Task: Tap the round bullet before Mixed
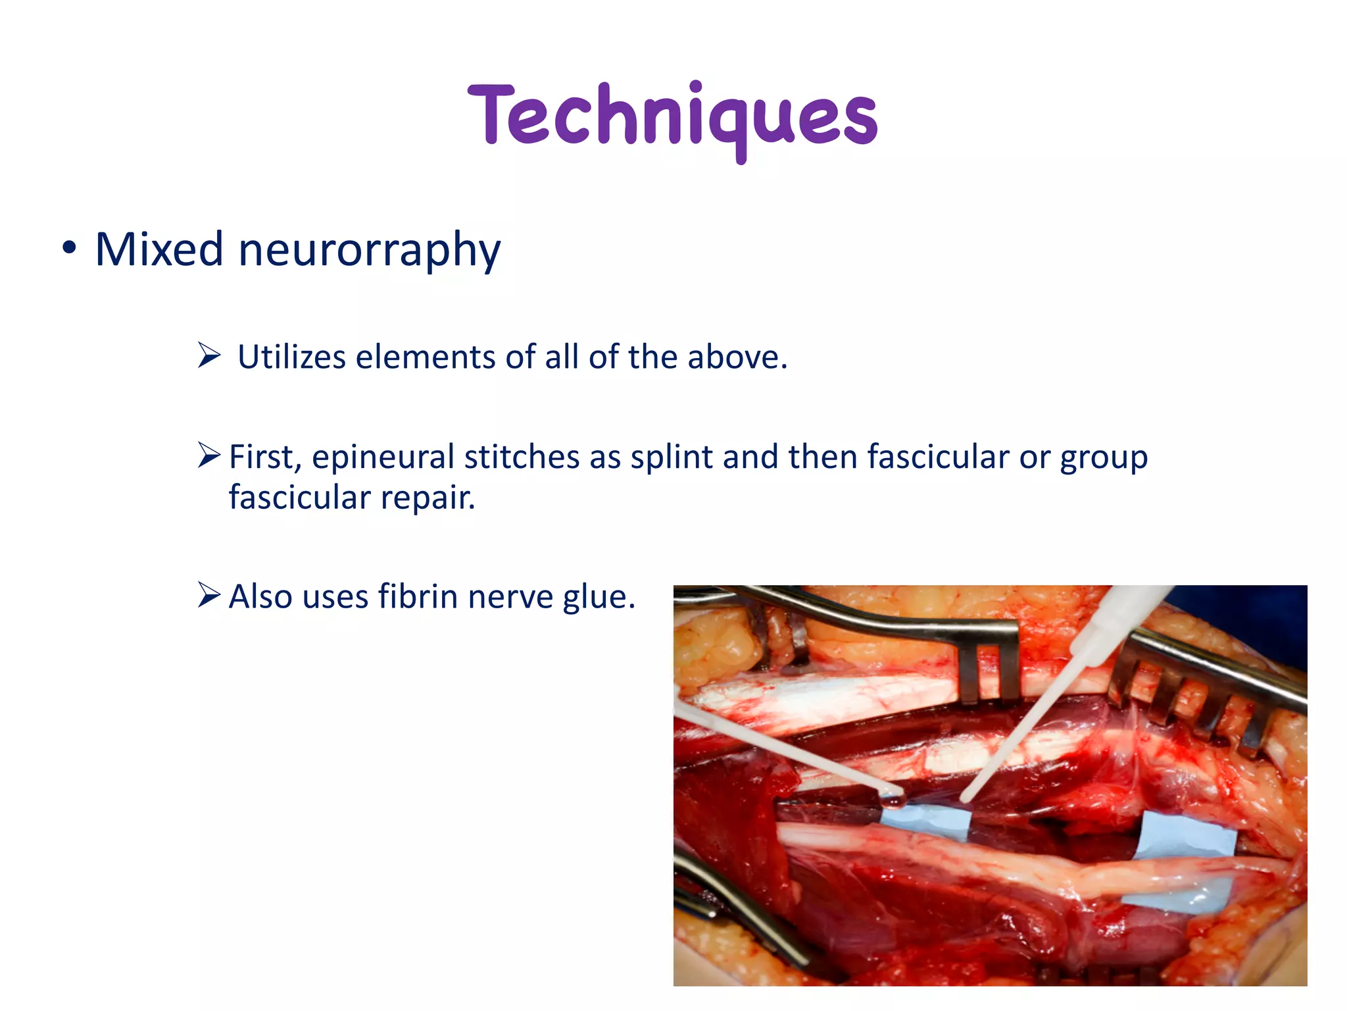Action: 69,249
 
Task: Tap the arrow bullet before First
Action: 209,455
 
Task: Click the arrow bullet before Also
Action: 209,596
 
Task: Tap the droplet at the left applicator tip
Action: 894,800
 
